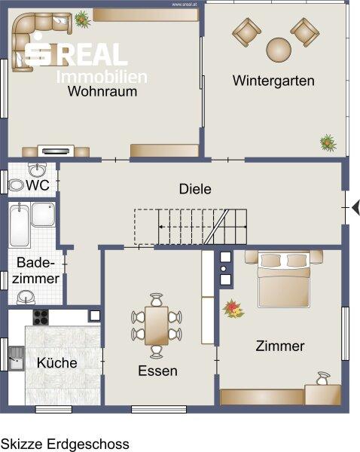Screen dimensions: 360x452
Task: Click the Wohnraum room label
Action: (x=102, y=91)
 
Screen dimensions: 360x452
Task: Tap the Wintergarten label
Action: (x=273, y=81)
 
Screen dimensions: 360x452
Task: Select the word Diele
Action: (x=195, y=189)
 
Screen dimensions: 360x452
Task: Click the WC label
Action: (x=38, y=185)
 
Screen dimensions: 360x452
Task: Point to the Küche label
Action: (x=56, y=362)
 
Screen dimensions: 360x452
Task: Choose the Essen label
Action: (x=157, y=371)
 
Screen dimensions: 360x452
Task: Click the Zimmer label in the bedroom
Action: (x=280, y=346)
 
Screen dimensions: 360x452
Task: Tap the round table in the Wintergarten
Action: (x=279, y=50)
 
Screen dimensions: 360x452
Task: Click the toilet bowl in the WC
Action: (x=16, y=185)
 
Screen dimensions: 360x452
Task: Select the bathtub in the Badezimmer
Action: (x=20, y=224)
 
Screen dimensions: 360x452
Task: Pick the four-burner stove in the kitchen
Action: (x=41, y=317)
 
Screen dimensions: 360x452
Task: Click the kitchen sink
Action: (x=17, y=359)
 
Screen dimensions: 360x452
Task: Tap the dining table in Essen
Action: (x=157, y=325)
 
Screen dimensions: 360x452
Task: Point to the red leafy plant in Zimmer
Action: (x=233, y=309)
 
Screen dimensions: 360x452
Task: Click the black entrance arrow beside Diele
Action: (x=356, y=207)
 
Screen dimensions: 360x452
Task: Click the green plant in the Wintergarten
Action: (x=328, y=142)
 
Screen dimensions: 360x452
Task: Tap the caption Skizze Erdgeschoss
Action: (x=65, y=444)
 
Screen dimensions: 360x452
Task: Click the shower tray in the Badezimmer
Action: (x=43, y=215)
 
